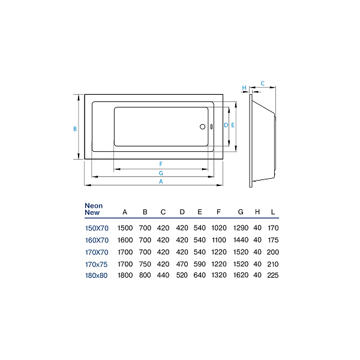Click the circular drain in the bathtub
[x=203, y=127]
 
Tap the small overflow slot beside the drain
[x=211, y=127]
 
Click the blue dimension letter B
[x=75, y=129]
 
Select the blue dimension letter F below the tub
[x=161, y=164]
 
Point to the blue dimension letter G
[x=161, y=173]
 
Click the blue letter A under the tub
[x=161, y=181]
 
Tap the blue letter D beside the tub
[x=226, y=125]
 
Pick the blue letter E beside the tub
[x=233, y=125]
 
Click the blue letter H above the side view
[x=244, y=88]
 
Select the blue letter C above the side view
[x=263, y=83]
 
